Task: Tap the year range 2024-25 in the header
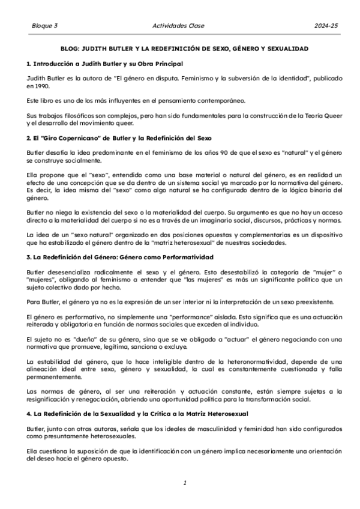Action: (326, 26)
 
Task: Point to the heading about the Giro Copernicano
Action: (119, 138)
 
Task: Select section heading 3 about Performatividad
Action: (120, 257)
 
